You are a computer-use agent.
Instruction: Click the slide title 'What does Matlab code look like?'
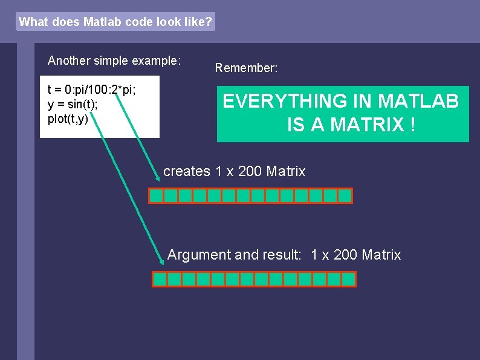click(x=115, y=22)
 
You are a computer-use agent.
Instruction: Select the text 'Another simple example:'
click(x=114, y=61)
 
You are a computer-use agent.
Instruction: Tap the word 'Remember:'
click(x=246, y=68)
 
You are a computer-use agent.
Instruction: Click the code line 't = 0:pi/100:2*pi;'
click(x=91, y=90)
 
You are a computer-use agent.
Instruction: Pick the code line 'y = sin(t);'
click(x=73, y=104)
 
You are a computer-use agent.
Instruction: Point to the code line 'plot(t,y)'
click(x=68, y=118)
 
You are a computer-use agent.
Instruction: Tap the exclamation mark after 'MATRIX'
click(x=412, y=125)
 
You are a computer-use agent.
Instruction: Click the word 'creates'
click(x=187, y=171)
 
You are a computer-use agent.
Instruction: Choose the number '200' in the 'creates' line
click(x=250, y=171)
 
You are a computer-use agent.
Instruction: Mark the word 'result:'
click(x=280, y=255)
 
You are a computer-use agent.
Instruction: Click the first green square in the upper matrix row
click(x=157, y=195)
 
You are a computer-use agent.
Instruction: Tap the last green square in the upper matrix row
click(x=345, y=195)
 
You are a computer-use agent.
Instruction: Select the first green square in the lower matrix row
click(x=160, y=279)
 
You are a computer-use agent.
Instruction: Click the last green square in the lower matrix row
click(x=349, y=279)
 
